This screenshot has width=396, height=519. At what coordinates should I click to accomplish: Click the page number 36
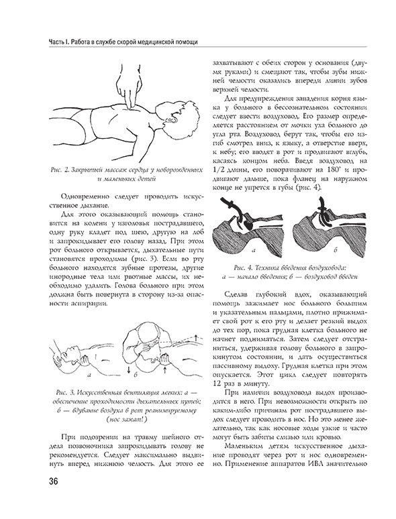coord(53,480)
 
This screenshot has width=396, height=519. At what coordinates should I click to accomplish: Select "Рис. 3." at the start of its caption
coord(65,392)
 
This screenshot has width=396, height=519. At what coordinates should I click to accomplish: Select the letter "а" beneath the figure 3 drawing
coord(89,375)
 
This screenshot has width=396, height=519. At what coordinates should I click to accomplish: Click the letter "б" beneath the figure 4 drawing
coord(336,251)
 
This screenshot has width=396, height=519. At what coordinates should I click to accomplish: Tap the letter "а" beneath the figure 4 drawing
coord(254,251)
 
